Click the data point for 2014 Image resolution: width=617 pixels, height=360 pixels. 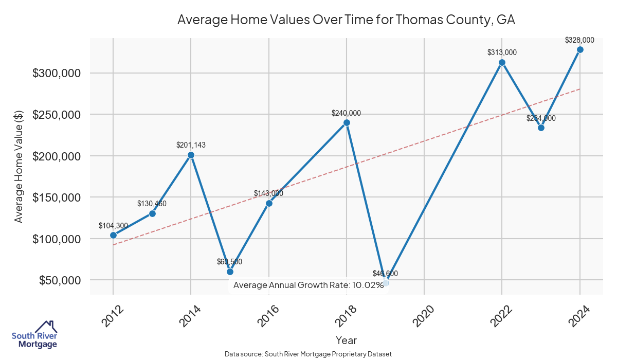(191, 155)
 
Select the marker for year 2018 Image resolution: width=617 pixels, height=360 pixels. (347, 123)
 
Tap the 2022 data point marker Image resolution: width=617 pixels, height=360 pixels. (502, 62)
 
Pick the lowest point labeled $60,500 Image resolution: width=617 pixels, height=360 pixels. (230, 272)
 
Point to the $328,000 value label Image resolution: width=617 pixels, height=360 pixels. (579, 40)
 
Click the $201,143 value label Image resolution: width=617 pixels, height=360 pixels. (191, 146)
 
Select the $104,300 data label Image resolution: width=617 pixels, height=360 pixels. (113, 226)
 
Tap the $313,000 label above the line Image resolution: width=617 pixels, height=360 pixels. (502, 52)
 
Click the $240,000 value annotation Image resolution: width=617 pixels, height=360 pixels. (347, 113)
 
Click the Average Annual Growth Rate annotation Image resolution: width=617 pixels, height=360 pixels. (308, 285)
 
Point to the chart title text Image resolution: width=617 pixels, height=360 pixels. (346, 20)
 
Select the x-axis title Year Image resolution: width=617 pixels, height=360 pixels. (346, 340)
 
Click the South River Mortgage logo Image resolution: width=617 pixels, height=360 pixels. (34, 335)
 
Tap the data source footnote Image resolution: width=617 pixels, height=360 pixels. (308, 354)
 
